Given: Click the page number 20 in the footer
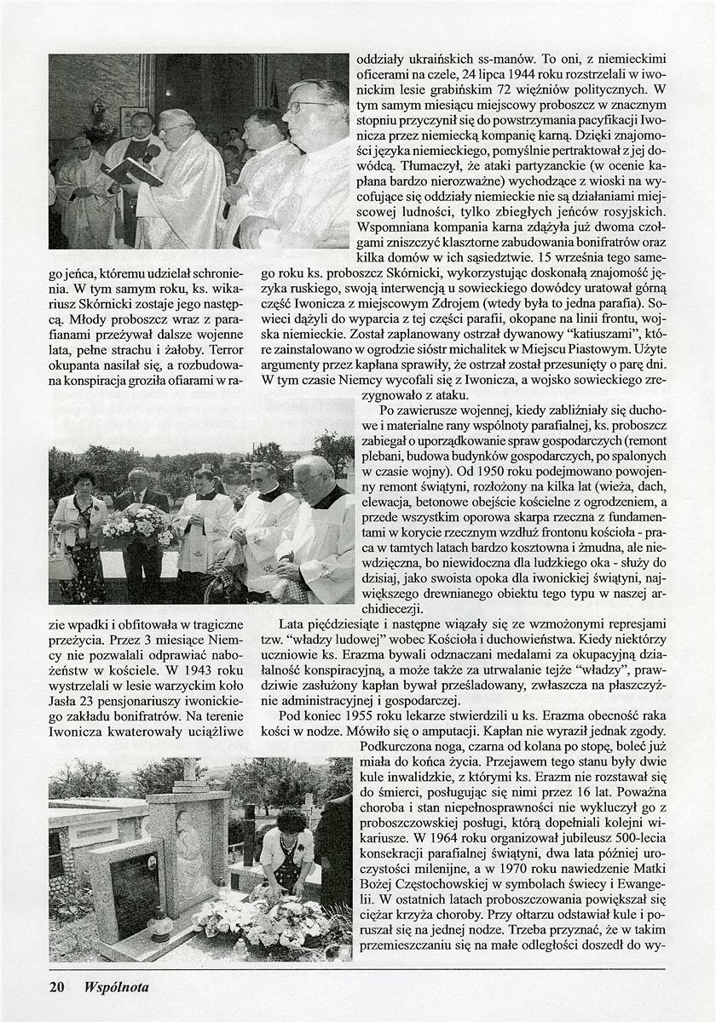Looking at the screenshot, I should click(57, 987).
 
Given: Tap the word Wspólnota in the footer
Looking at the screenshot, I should click(116, 987).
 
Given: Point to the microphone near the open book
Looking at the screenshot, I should click(152, 153).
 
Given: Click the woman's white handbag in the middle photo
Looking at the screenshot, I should click(63, 565).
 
